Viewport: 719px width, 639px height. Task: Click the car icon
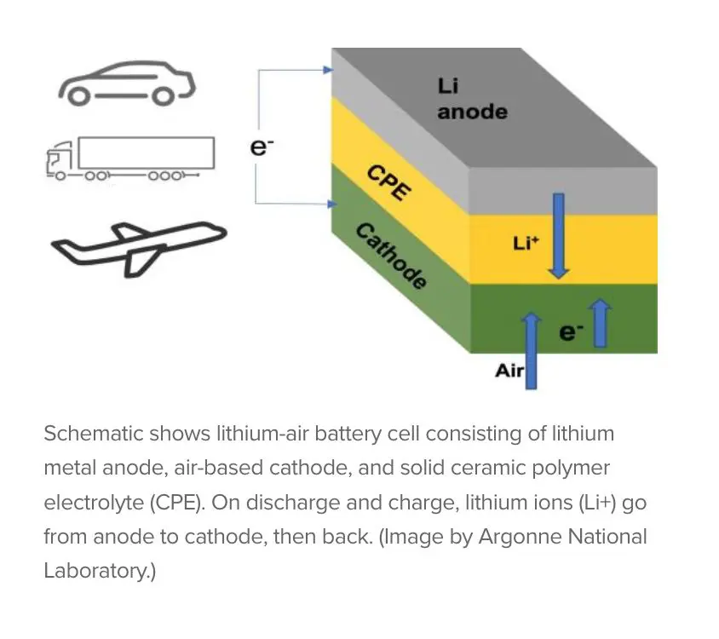(x=126, y=84)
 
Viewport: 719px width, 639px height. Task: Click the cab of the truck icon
(x=59, y=161)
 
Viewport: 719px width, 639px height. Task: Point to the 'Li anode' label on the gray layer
(x=471, y=99)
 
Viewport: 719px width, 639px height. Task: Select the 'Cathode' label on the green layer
(x=389, y=256)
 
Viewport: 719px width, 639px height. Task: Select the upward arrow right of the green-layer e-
(x=600, y=324)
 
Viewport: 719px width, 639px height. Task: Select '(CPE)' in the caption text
(x=175, y=503)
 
